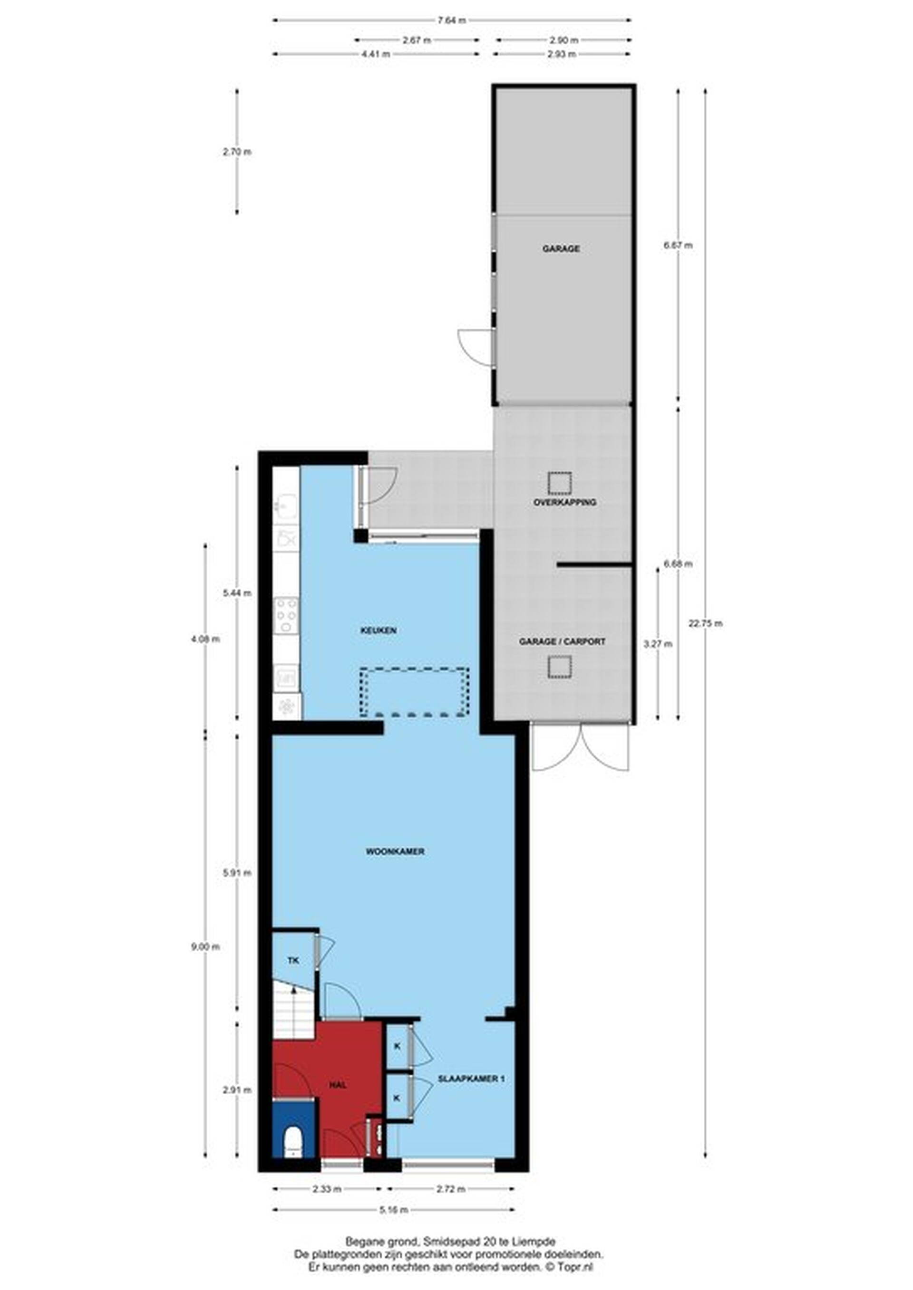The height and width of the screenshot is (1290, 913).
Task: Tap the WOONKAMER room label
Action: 395,852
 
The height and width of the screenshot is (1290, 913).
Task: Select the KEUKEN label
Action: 379,631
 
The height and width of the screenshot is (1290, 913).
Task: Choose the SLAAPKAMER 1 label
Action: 472,1079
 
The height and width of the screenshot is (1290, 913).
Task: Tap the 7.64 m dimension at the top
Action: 452,21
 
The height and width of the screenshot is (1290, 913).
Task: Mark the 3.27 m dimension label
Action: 658,644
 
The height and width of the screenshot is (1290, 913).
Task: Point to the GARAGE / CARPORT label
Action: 562,641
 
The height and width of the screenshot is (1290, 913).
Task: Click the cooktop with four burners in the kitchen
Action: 286,616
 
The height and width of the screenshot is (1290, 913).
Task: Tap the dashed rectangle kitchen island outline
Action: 414,692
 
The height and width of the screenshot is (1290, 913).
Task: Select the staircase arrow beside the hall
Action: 293,1008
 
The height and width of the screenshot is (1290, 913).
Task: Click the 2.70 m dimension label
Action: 237,152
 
